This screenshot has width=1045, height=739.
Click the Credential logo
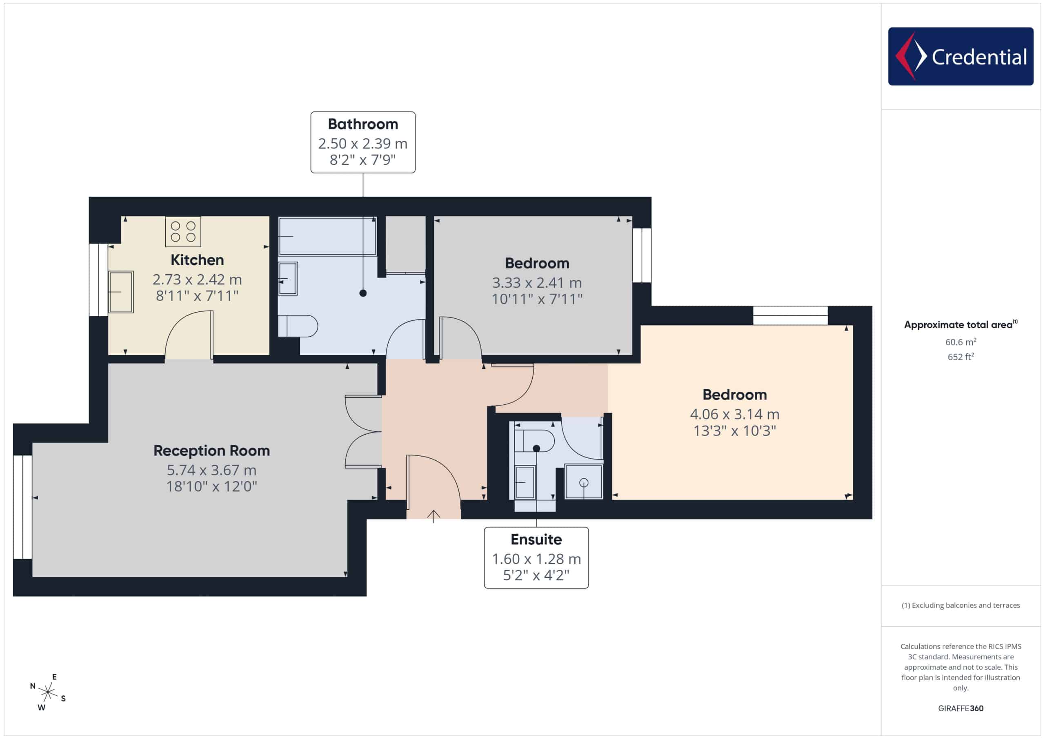961,56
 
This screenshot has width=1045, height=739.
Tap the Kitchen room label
197,260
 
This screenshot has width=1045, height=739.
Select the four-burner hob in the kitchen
183,232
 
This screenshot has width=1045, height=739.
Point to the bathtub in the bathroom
328,237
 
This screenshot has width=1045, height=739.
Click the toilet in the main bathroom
298,326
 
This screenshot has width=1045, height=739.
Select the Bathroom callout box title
363,124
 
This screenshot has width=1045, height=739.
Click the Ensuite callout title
536,540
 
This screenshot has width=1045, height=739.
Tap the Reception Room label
211,451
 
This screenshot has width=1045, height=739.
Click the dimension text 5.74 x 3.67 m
211,470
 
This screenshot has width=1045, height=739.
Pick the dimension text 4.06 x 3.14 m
735,414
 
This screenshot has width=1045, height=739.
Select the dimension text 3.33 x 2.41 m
537,283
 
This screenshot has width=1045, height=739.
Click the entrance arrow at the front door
433,517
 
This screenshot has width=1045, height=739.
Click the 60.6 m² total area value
961,342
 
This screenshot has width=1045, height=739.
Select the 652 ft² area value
961,357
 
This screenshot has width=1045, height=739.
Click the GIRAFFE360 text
961,708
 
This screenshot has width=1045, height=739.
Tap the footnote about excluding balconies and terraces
961,605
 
